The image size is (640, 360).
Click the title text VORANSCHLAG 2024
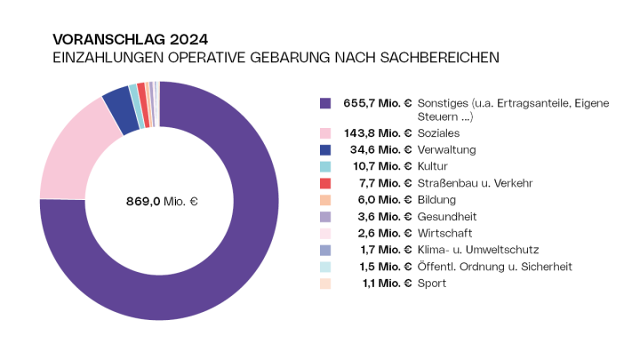pos(131,39)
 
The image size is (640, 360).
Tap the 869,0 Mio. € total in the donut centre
pos(161,202)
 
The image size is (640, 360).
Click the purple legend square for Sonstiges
pos(325,104)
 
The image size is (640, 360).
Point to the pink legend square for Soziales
pos(325,132)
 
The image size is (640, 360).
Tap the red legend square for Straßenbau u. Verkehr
pos(325,183)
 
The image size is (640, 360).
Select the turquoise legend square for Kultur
pos(325,166)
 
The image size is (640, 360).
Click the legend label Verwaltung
pos(447,149)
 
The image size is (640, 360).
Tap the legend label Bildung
pos(436,200)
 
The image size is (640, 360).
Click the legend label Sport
pos(432,283)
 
